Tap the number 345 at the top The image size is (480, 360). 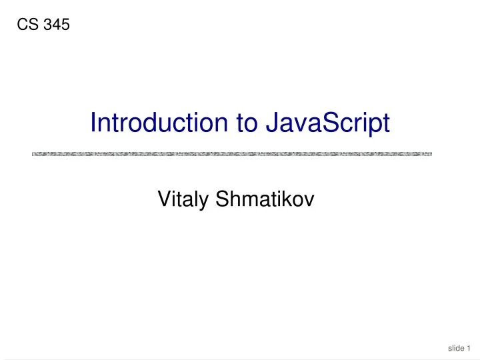tap(57, 26)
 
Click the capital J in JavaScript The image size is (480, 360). tap(271, 123)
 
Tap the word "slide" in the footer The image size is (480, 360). tap(456, 347)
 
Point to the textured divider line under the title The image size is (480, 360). tap(232, 154)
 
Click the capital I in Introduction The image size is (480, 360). tap(93, 123)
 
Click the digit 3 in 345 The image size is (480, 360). tap(50, 26)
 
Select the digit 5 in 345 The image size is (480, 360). tap(65, 26)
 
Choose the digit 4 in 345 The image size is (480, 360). tap(57, 26)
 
